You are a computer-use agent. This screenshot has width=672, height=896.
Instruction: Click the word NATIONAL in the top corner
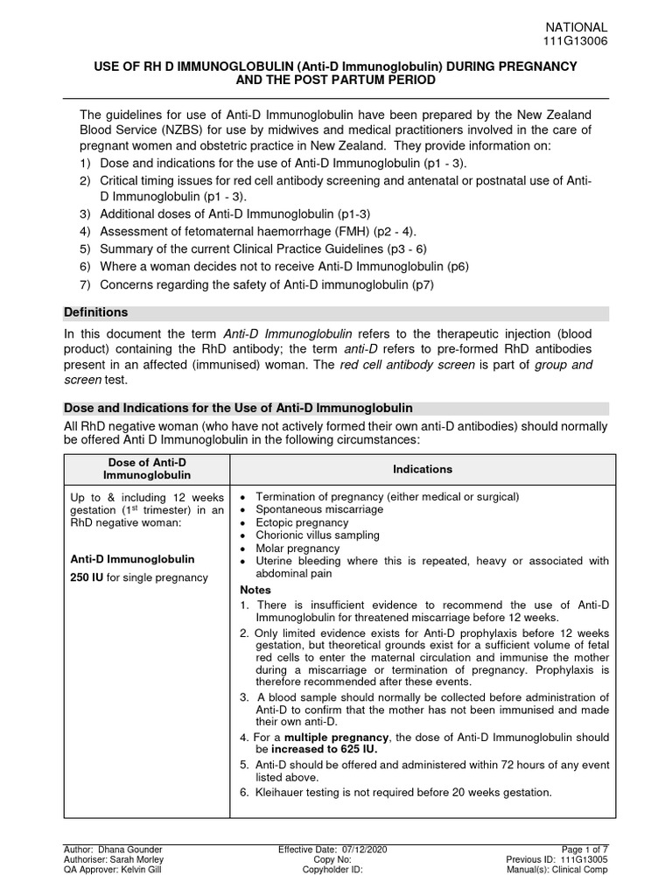pyautogui.click(x=577, y=27)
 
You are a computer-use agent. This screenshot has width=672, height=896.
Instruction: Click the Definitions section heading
pyautogui.click(x=96, y=312)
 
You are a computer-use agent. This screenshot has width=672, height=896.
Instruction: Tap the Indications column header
pyautogui.click(x=423, y=469)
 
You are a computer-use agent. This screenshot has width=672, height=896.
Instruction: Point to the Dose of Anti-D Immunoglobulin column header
pyautogui.click(x=146, y=469)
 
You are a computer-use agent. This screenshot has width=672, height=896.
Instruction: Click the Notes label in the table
pyautogui.click(x=255, y=591)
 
